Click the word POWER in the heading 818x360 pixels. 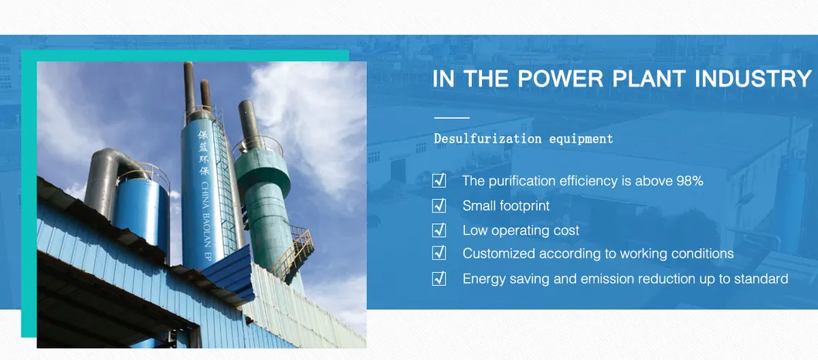557,80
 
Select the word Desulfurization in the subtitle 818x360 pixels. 487,139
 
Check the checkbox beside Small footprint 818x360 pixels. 439,205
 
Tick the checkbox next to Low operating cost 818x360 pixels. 439,230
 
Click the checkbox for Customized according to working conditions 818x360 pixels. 439,253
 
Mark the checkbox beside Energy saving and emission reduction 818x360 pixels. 439,279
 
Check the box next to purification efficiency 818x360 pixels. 439,181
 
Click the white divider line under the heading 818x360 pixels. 452,118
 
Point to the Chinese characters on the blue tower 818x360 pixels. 203,152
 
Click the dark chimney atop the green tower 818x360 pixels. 249,124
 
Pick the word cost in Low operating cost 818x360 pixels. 567,231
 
